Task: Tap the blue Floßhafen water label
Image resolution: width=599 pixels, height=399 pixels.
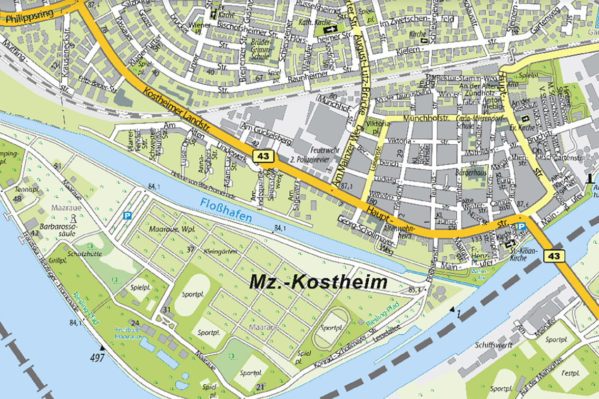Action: pos(225,209)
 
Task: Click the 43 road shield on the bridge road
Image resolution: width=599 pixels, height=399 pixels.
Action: pos(555,256)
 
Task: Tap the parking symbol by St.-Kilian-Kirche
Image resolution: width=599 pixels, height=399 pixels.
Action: pos(521,226)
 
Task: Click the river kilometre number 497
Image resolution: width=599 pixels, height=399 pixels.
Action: pos(97,358)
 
